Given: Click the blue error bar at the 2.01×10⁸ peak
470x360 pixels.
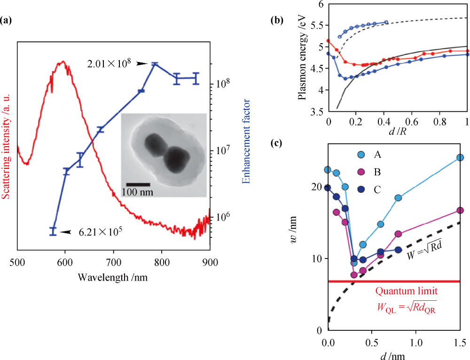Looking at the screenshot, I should (x=154, y=64).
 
